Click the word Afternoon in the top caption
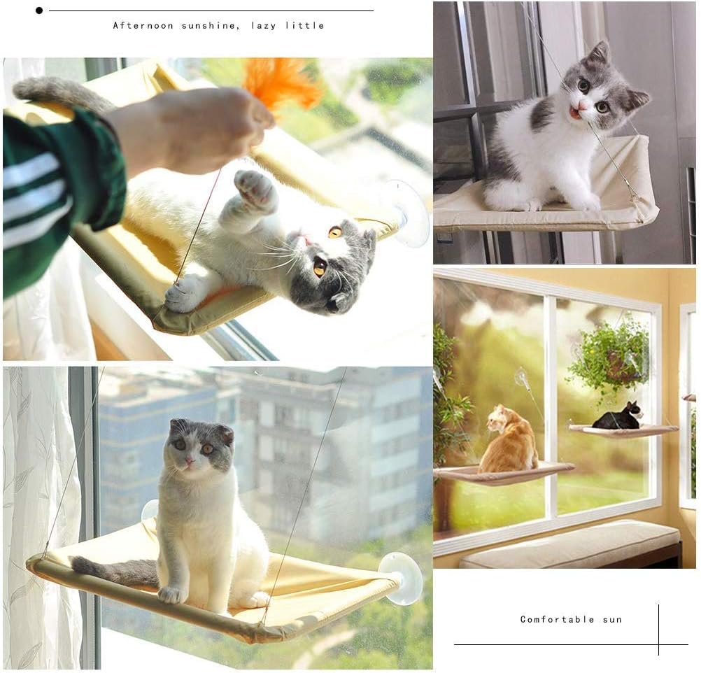tap(143, 25)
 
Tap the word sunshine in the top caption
tap(211, 25)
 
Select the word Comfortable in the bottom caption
tap(557, 619)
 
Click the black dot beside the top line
tap(39, 10)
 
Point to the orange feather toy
tap(282, 84)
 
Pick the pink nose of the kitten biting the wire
tap(581, 106)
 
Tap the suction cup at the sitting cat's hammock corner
tap(401, 578)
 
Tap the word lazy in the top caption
tap(263, 26)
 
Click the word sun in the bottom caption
tap(612, 620)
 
